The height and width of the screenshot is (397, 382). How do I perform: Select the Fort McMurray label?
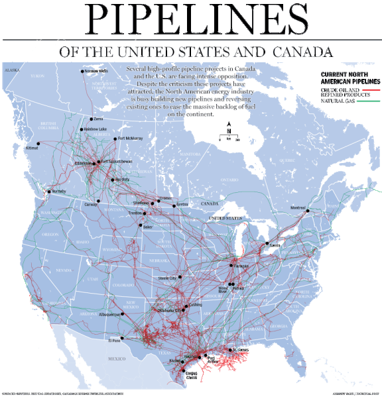pos(130,139)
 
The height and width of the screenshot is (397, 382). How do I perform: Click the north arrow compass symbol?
pos(229,127)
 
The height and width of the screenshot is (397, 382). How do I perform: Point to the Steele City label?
pos(169,278)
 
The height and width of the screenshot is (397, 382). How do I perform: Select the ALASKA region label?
pos(13,69)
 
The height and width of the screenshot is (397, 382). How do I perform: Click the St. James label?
pos(241,349)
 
